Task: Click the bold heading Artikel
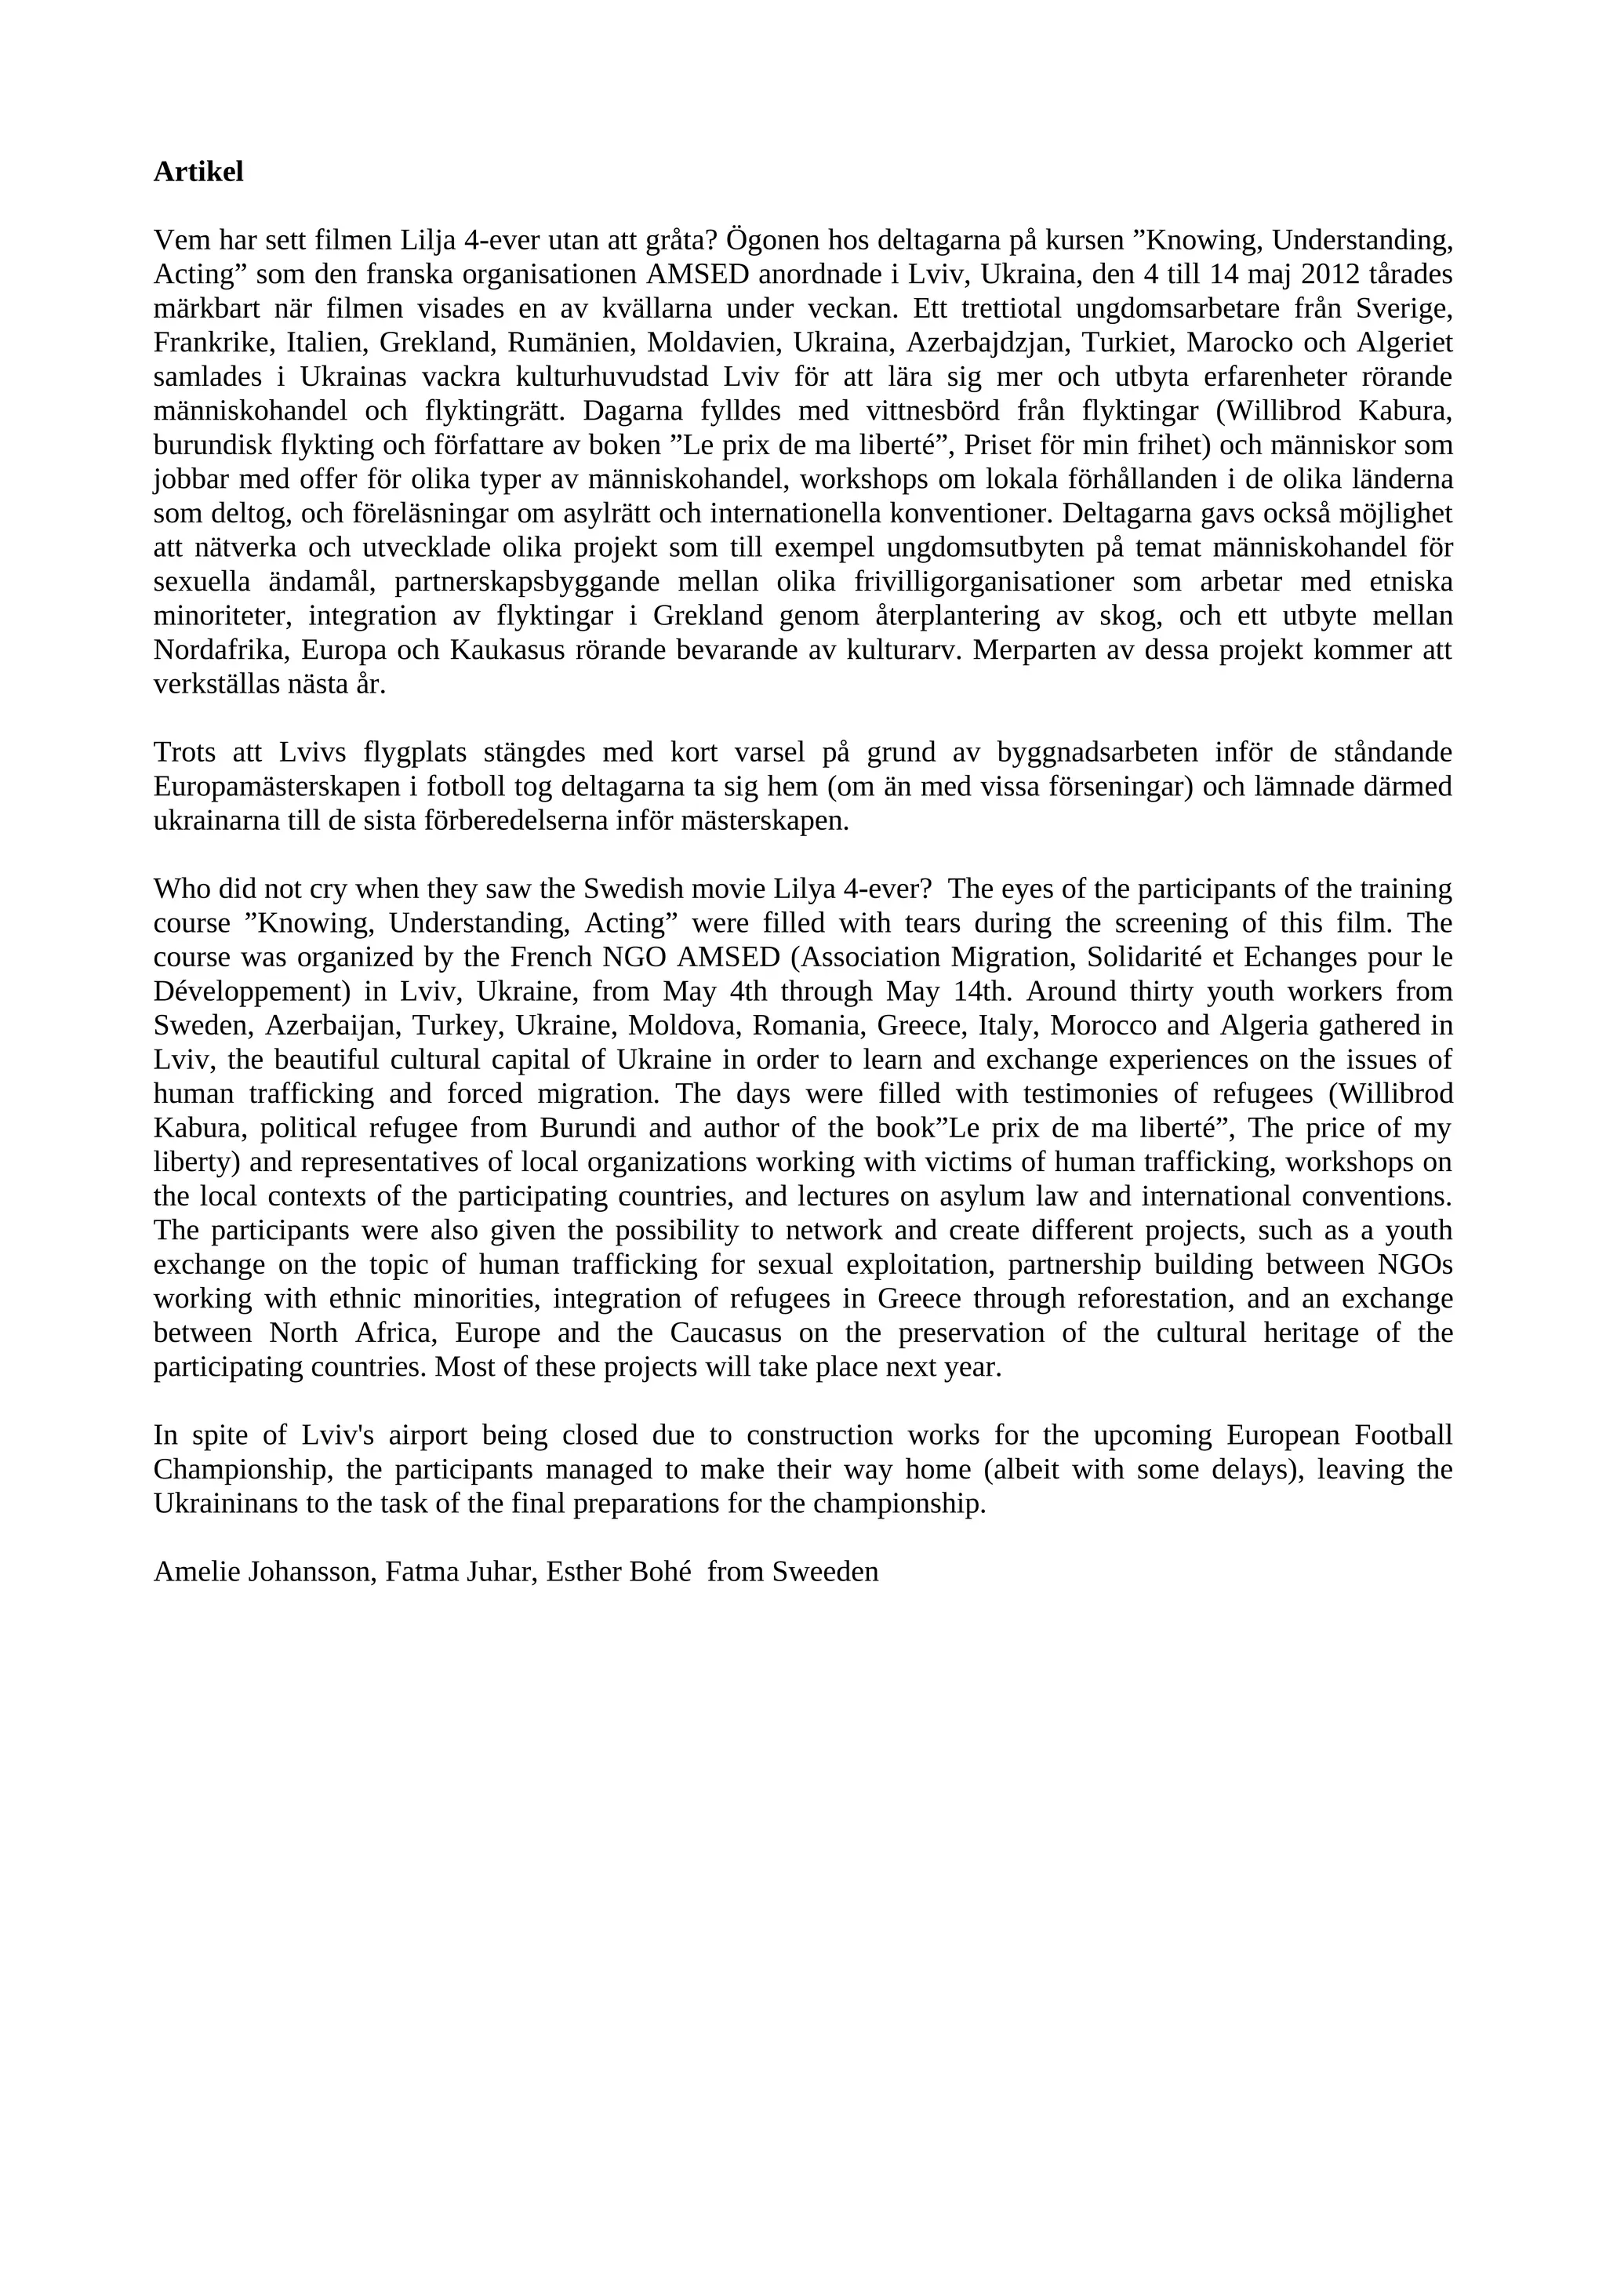point(198,173)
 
